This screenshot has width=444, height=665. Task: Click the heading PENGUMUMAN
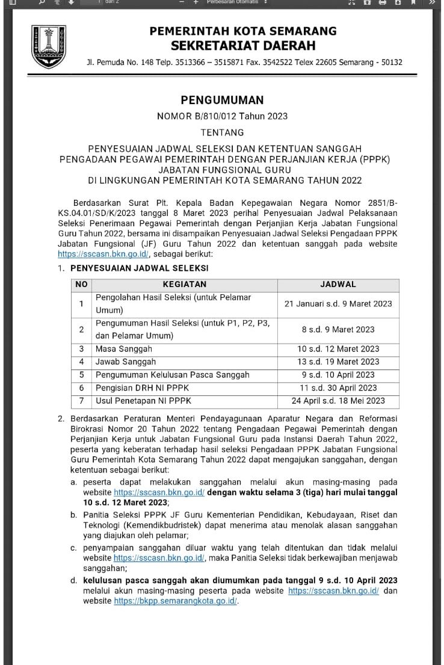click(x=222, y=100)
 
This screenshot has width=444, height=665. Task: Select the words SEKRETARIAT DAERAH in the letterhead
click(x=243, y=45)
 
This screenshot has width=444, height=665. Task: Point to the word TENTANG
click(x=222, y=132)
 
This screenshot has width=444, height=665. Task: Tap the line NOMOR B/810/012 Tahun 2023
click(x=222, y=116)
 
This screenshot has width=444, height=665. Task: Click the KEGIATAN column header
click(x=185, y=284)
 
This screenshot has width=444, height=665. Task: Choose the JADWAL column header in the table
click(x=338, y=284)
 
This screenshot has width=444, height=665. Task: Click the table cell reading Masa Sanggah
click(x=124, y=348)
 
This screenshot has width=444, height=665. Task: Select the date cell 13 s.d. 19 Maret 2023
click(x=338, y=362)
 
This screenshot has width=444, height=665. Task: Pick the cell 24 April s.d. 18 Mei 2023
click(x=338, y=401)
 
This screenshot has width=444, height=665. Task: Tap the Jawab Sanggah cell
click(x=126, y=362)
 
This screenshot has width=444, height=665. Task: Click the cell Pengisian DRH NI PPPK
click(x=137, y=388)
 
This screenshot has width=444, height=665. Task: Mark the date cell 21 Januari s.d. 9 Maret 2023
click(x=338, y=304)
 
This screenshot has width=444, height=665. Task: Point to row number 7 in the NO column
click(x=81, y=401)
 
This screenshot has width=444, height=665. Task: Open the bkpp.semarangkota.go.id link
click(x=176, y=601)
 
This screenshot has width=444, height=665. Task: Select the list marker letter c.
click(x=73, y=548)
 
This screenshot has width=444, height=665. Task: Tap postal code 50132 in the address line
click(x=390, y=63)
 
